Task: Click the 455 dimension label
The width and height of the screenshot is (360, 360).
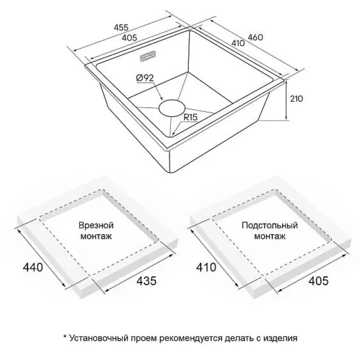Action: click(121, 27)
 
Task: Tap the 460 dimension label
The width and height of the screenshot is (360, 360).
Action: click(255, 37)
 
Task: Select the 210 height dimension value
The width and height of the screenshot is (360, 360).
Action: click(296, 98)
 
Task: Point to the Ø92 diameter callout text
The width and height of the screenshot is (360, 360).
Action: click(144, 78)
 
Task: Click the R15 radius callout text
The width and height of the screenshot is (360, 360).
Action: click(190, 117)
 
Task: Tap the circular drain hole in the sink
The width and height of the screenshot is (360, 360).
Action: click(171, 108)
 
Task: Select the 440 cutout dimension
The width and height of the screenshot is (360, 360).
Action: click(33, 267)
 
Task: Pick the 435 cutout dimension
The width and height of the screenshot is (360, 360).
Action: click(146, 280)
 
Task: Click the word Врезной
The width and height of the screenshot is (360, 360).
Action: click(96, 225)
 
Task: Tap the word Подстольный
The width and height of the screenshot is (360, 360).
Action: click(269, 225)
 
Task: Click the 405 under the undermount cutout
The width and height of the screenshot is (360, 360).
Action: click(318, 280)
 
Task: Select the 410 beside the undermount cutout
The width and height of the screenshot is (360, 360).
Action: click(206, 267)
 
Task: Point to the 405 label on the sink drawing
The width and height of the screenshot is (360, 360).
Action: click(129, 37)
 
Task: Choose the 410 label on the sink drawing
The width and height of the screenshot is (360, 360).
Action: click(238, 43)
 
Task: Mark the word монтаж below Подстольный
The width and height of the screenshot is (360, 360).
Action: click(270, 236)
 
